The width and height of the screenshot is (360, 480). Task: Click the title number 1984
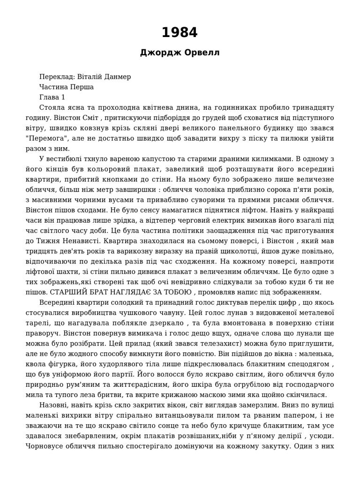(x=180, y=33)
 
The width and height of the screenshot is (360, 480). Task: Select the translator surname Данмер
(x=118, y=76)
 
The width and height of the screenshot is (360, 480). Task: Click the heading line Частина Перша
(x=67, y=87)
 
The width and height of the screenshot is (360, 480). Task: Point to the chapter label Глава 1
(x=52, y=97)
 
